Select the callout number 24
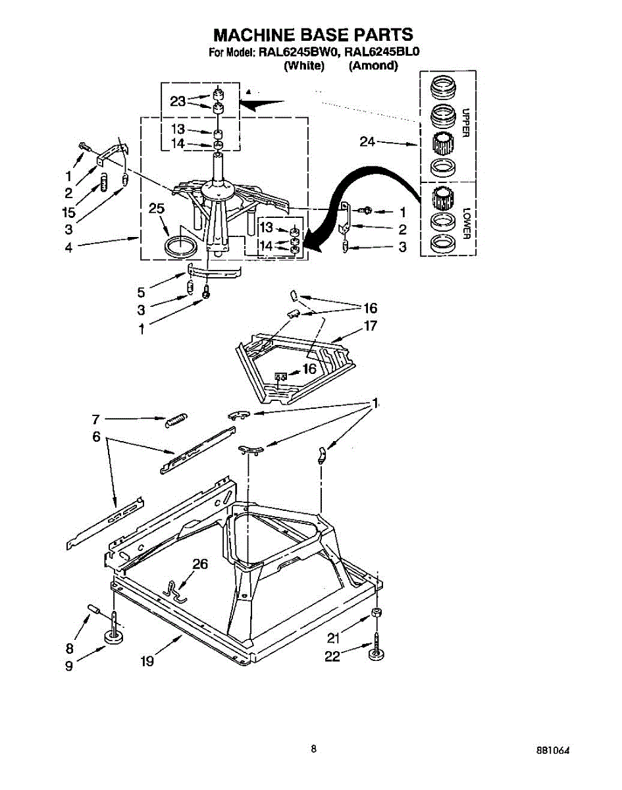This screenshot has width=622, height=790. tap(368, 142)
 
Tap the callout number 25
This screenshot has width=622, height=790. tap(156, 209)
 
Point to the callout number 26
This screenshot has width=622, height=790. tap(200, 564)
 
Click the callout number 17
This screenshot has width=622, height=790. tap(371, 325)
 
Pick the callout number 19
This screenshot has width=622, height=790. tap(146, 661)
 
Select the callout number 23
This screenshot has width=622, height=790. tap(178, 101)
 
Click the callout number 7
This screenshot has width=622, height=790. tap(95, 419)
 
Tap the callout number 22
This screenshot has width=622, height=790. tap(332, 656)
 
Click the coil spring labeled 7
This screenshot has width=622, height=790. tap(176, 419)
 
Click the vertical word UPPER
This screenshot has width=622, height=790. tap(465, 123)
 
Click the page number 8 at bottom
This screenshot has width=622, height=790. tap(314, 749)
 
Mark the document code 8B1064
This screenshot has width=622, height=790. tap(553, 751)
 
